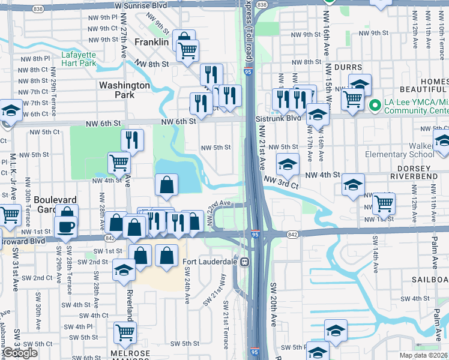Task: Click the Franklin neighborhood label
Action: coord(152,42)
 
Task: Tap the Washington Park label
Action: coord(124,90)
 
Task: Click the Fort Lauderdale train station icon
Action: coord(245,262)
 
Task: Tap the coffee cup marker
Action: coord(65,227)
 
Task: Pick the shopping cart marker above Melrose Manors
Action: coord(125,332)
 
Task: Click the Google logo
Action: coord(20,353)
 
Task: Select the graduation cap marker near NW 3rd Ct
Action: coord(288,164)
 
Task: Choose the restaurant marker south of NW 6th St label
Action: coord(132,140)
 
